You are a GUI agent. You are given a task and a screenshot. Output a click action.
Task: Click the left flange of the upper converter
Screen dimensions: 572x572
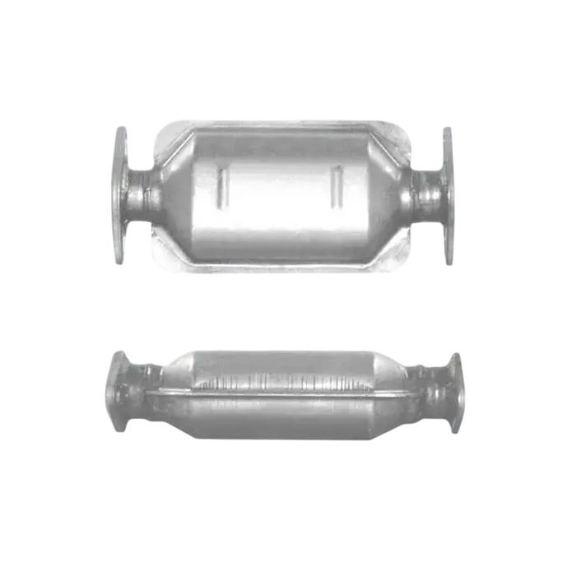(120, 195)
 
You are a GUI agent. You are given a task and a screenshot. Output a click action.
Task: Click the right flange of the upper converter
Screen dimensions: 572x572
(448, 195)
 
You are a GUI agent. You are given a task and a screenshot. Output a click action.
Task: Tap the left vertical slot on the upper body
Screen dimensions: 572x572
(221, 188)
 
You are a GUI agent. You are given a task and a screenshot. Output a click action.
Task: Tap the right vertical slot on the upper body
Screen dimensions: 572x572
(337, 188)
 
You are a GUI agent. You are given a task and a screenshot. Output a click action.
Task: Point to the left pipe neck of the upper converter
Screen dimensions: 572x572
(143, 196)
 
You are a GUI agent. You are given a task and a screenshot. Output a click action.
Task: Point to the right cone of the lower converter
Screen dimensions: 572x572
(393, 387)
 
